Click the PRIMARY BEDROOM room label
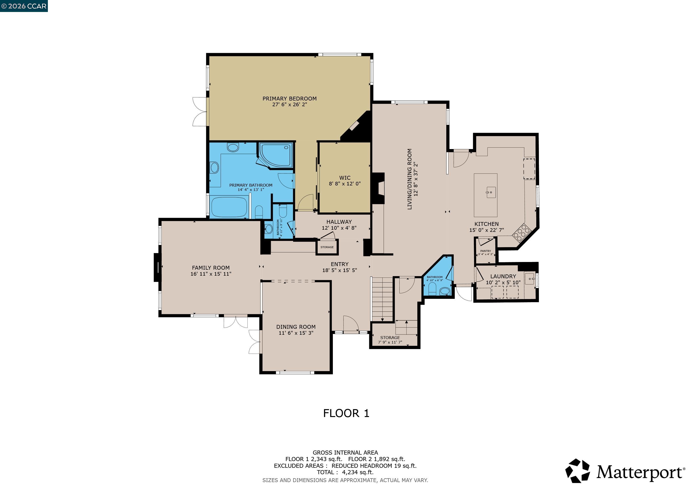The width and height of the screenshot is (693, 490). click(x=290, y=99)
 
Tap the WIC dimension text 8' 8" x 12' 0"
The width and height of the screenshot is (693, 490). click(x=345, y=184)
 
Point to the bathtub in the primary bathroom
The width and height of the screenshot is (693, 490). click(x=229, y=207)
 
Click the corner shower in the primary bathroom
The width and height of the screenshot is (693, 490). click(x=276, y=155)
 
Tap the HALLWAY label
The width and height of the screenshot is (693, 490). click(x=339, y=222)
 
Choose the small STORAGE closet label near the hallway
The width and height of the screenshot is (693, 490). click(x=327, y=247)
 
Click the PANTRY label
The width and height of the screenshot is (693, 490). click(x=485, y=251)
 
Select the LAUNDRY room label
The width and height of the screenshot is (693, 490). click(x=503, y=276)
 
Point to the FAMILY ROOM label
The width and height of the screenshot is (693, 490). click(x=211, y=268)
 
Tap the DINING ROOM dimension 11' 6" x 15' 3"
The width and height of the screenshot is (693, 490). click(x=296, y=333)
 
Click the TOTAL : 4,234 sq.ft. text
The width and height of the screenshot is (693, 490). click(x=345, y=473)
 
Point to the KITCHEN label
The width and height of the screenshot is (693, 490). click(x=486, y=224)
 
